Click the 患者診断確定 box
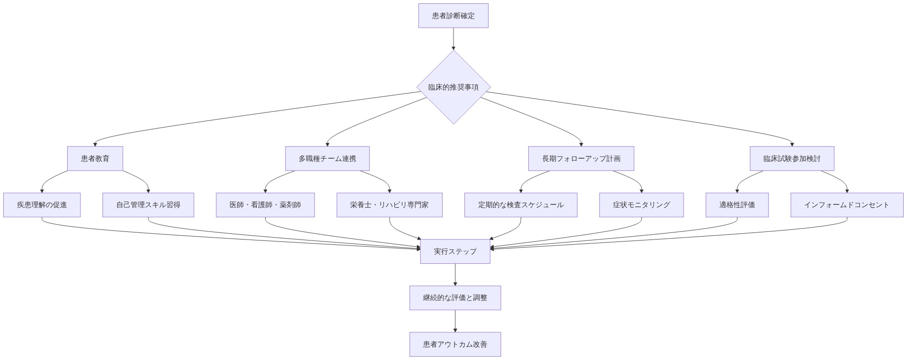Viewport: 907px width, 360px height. coord(453,16)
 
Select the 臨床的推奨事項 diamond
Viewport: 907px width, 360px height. coord(453,87)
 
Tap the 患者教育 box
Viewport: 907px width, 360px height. coord(95,159)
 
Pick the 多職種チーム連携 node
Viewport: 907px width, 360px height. coord(327,159)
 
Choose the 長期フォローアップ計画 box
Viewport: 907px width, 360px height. coord(581,159)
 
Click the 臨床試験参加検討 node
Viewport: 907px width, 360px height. coord(792,159)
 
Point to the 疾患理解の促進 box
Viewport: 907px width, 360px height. coord(42,205)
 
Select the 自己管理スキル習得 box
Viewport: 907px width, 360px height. coord(148,205)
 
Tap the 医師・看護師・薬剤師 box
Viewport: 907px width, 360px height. coord(265,205)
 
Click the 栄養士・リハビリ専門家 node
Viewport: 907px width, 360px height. coord(389,205)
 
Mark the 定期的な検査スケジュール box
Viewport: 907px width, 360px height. coord(521,205)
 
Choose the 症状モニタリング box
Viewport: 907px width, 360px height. coord(641,205)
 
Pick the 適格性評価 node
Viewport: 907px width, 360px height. coord(737,205)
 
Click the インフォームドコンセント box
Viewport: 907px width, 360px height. coord(847,205)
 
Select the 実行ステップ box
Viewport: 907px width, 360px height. coord(455,251)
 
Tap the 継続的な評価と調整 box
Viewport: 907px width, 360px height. coord(455,298)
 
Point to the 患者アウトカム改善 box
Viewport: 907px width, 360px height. coord(455,344)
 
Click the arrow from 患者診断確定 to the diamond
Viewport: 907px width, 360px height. coord(453,39)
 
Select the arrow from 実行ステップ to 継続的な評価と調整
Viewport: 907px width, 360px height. coord(455,274)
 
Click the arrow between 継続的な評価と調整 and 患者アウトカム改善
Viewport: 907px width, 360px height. coord(455,320)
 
